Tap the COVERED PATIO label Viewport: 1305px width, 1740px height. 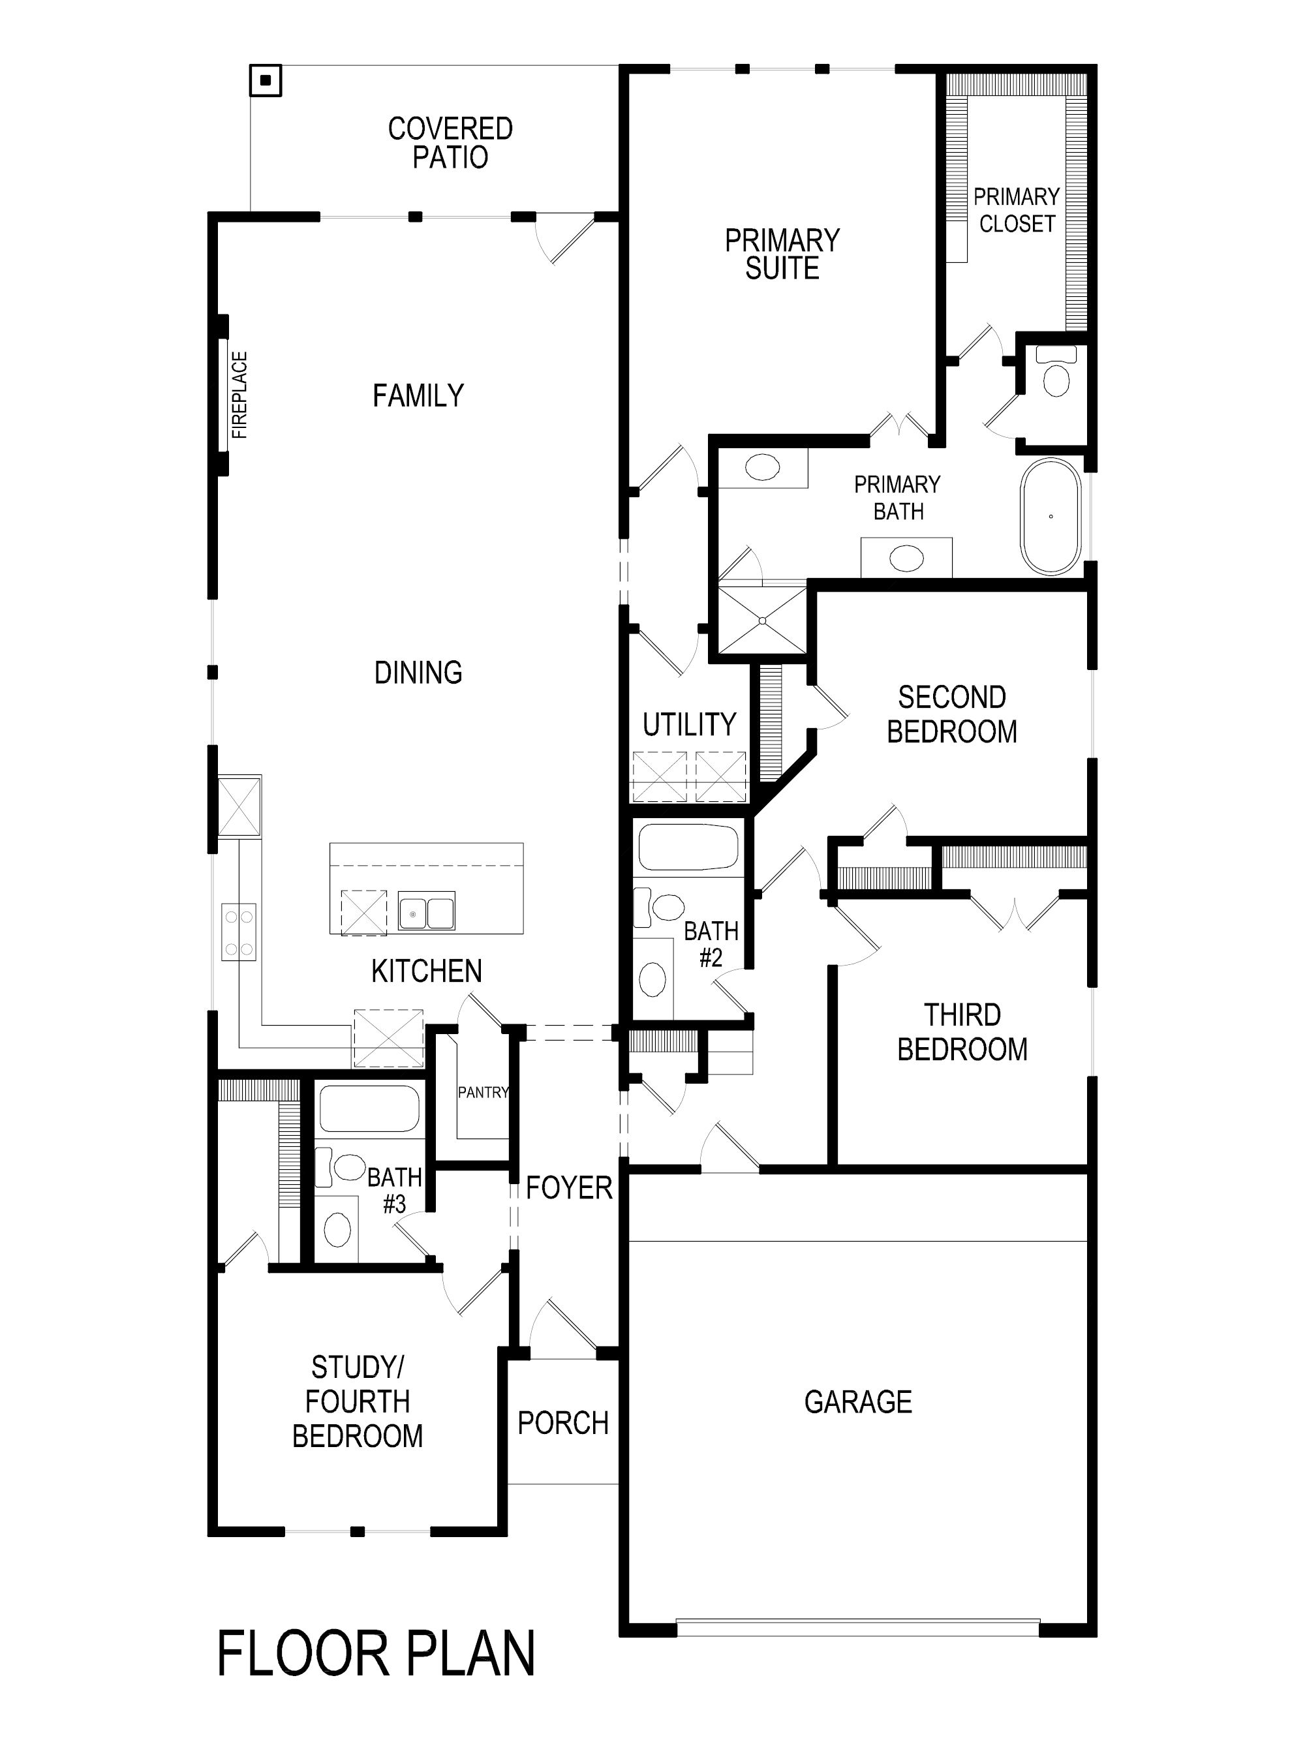point(450,142)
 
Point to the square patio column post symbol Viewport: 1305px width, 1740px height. point(266,80)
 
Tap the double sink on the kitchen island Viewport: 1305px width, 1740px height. point(425,911)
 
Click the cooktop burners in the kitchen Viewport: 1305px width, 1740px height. point(239,932)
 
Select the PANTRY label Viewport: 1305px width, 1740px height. point(483,1093)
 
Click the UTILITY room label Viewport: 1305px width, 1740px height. point(689,724)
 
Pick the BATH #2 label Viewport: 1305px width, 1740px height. point(711,943)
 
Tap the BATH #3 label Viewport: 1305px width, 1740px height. point(394,1190)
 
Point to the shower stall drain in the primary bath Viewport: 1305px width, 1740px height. point(762,620)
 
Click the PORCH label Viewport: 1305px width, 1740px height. point(563,1422)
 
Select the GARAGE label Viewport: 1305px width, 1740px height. point(858,1402)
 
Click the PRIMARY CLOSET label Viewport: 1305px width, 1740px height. point(1017,210)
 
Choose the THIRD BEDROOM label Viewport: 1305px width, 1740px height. point(962,1032)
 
